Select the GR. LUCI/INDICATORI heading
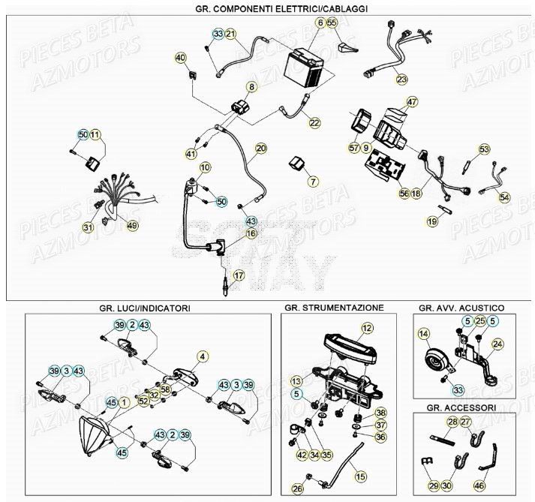pos(144,308)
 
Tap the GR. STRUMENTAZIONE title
pos(334,308)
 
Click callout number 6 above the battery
pos(320,23)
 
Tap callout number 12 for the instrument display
pos(366,328)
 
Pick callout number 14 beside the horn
pos(424,334)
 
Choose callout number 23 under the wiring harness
pos(402,79)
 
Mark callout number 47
pos(411,102)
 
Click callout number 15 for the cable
pos(360,476)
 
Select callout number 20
pos(260,149)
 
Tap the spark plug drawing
pos(223,289)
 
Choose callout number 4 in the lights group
pos(201,356)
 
